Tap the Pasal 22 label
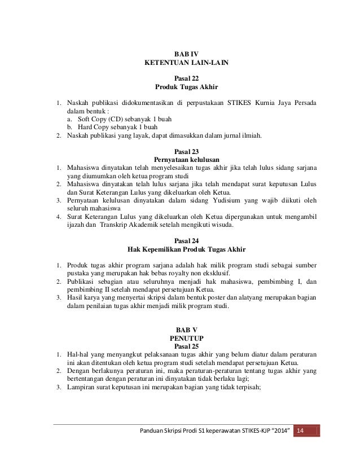pos(187,78)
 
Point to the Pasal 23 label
pos(187,151)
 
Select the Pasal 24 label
pos(187,240)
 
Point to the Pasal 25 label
pos(187,345)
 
